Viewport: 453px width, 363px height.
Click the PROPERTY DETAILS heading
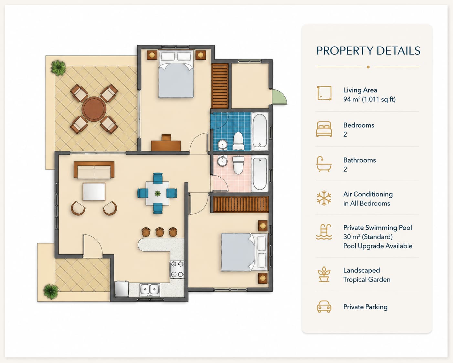pos(368,51)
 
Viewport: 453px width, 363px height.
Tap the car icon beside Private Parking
pos(324,306)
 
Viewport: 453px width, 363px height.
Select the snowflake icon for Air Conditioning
pos(324,198)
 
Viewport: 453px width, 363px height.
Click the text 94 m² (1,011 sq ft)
pos(369,99)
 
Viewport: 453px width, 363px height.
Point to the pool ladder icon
pos(324,232)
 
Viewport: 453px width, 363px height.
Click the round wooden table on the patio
pos(94,109)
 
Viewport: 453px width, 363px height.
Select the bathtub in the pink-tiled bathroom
pos(260,174)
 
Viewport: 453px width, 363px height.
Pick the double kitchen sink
pos(150,290)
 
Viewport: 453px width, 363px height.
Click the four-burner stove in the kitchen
pos(177,269)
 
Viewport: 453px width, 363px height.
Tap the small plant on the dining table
pos(157,193)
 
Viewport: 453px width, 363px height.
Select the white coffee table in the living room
pos(94,192)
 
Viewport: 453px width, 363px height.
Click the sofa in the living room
pos(94,170)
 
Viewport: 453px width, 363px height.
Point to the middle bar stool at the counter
pos(160,232)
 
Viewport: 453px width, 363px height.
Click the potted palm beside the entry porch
pos(51,291)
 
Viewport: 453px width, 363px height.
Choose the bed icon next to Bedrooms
pos(324,129)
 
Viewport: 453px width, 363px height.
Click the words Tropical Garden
pos(367,280)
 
